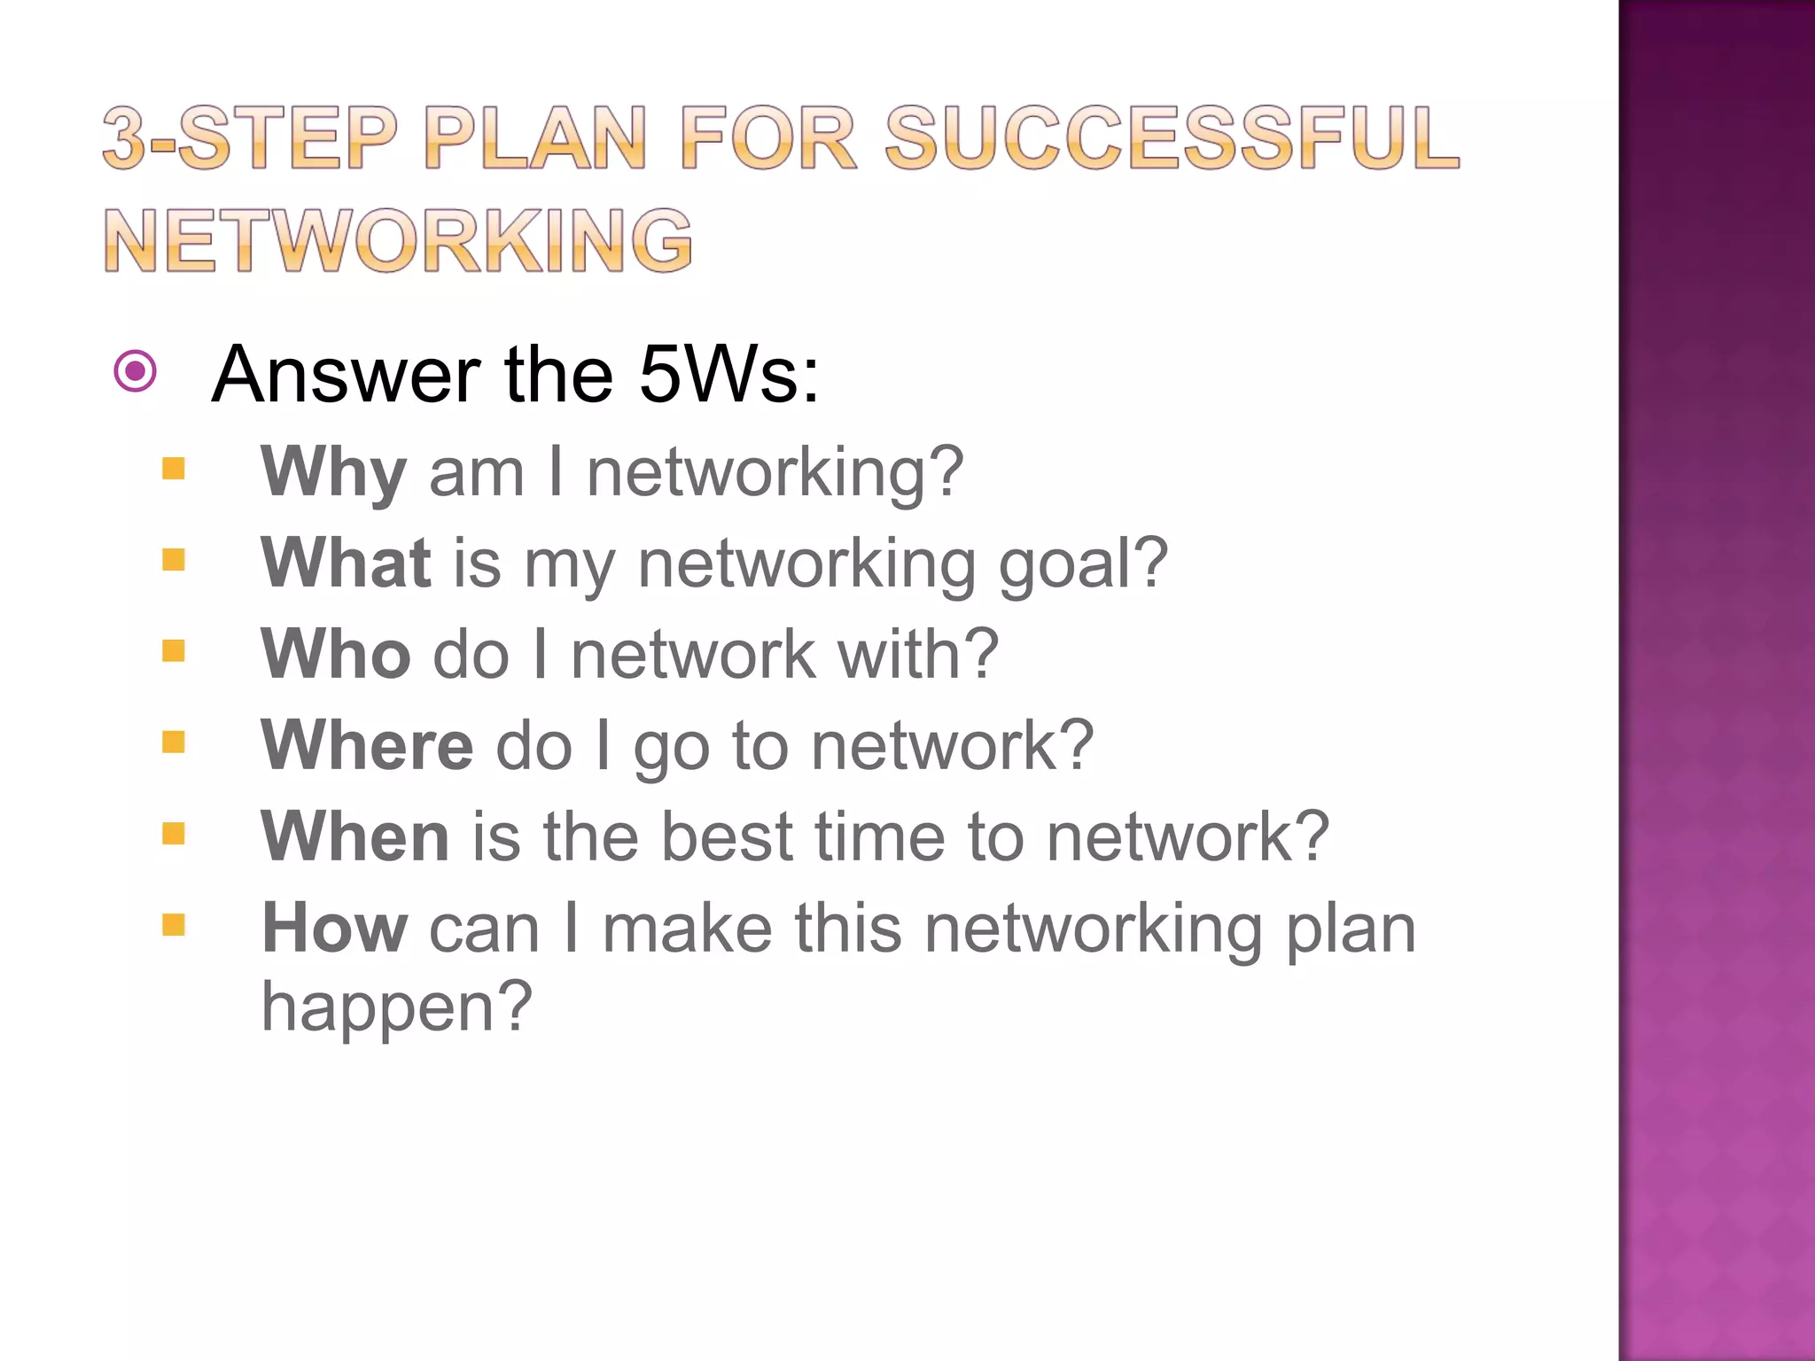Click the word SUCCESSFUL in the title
click(x=1172, y=137)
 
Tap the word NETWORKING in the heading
click(x=398, y=240)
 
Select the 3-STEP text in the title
click(x=249, y=137)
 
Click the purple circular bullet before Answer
click(x=136, y=371)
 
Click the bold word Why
click(x=334, y=472)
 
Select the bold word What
click(x=346, y=564)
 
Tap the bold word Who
click(x=336, y=655)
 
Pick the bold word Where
click(x=368, y=746)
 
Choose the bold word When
click(x=355, y=837)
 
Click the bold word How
click(x=335, y=929)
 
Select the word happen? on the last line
click(x=397, y=1008)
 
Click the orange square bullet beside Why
click(x=174, y=468)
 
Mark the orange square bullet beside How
click(x=174, y=925)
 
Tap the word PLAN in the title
click(x=535, y=137)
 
